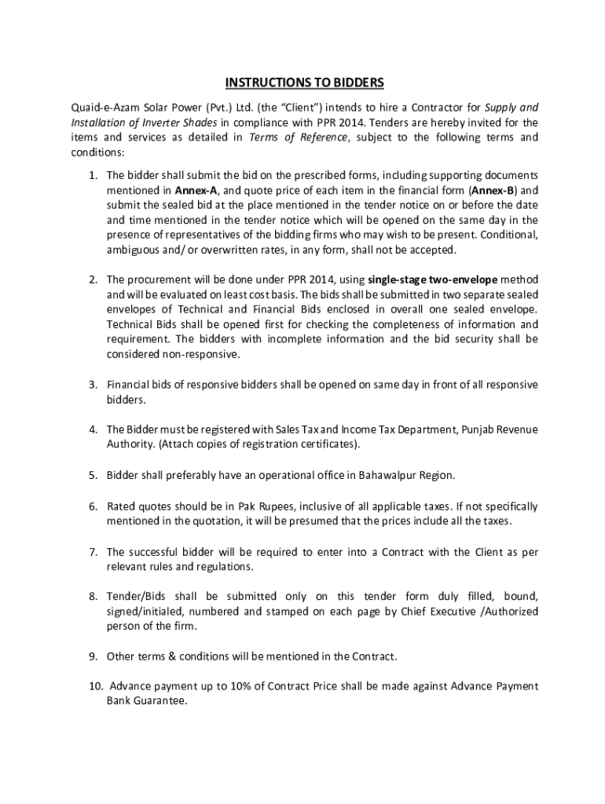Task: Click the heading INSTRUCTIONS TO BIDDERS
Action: [x=304, y=82]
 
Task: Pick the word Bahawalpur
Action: [x=387, y=475]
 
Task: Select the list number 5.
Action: [x=92, y=475]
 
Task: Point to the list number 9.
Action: [x=92, y=656]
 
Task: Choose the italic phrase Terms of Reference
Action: [x=298, y=137]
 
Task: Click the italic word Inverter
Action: [x=159, y=122]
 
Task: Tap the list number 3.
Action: [x=92, y=385]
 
